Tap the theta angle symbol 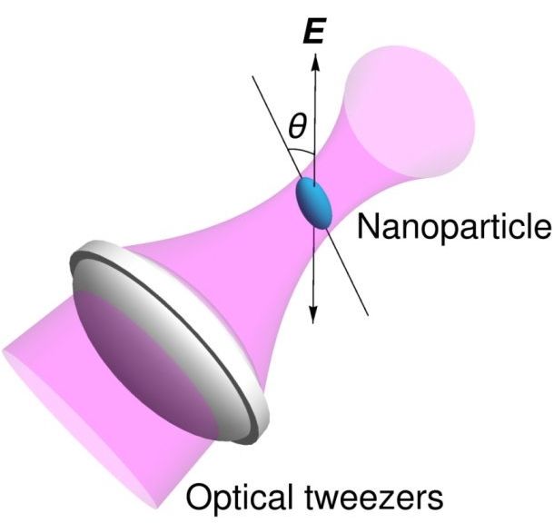296,128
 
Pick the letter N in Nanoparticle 367,224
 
